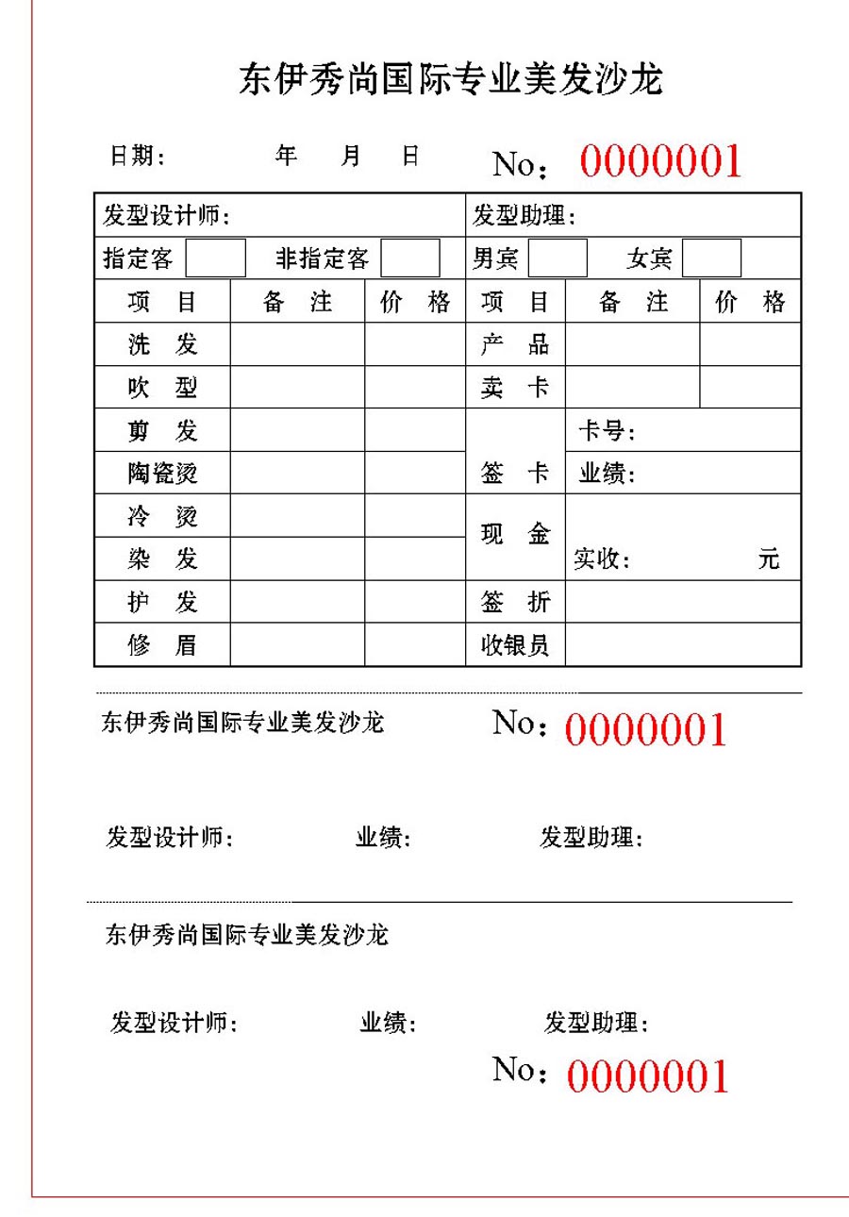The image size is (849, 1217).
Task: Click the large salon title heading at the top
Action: coord(451,80)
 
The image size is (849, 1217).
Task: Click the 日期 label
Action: coord(138,157)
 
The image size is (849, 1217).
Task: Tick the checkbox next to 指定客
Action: coord(215,258)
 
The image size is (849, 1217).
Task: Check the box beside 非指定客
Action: coord(410,258)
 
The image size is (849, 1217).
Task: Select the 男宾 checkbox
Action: coord(558,258)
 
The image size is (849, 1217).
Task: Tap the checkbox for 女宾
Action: coord(711,258)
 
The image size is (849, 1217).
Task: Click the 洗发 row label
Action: coord(162,344)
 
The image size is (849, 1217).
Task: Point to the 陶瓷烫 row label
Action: coord(162,473)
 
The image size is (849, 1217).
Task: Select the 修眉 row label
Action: coord(162,645)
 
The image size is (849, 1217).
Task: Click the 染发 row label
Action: coord(162,558)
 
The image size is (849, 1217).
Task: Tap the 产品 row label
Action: coord(515,344)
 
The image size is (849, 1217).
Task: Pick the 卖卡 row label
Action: coord(515,388)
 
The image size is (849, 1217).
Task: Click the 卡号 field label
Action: coord(607,432)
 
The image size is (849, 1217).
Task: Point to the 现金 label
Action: coord(515,535)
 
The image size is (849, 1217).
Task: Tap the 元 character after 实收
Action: coord(769,558)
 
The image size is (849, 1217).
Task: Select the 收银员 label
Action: coord(515,645)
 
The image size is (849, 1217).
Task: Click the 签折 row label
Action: coord(515,602)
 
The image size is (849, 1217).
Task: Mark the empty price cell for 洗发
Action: coord(415,344)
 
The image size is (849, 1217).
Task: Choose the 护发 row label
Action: coord(162,602)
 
